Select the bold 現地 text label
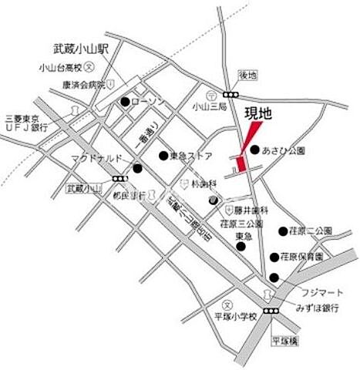pos(258,113)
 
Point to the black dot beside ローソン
pos(125,102)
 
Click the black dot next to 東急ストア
pos(163,155)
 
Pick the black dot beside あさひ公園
pos(254,150)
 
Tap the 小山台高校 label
pos(59,68)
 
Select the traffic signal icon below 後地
pos(229,92)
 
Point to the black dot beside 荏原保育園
pos(274,257)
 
